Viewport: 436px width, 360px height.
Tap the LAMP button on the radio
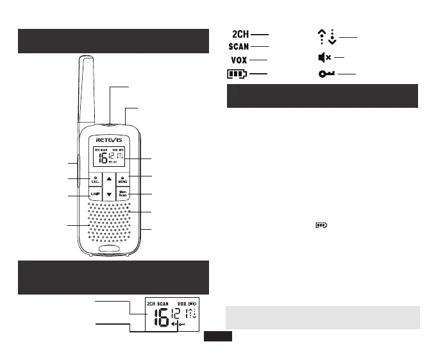tap(95, 194)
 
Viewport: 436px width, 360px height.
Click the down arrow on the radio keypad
tap(109, 194)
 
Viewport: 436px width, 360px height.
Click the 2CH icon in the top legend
tap(240, 33)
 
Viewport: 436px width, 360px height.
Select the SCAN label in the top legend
tap(239, 46)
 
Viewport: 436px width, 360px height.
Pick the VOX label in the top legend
tap(239, 60)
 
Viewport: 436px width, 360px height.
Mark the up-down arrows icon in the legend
tap(328, 37)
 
